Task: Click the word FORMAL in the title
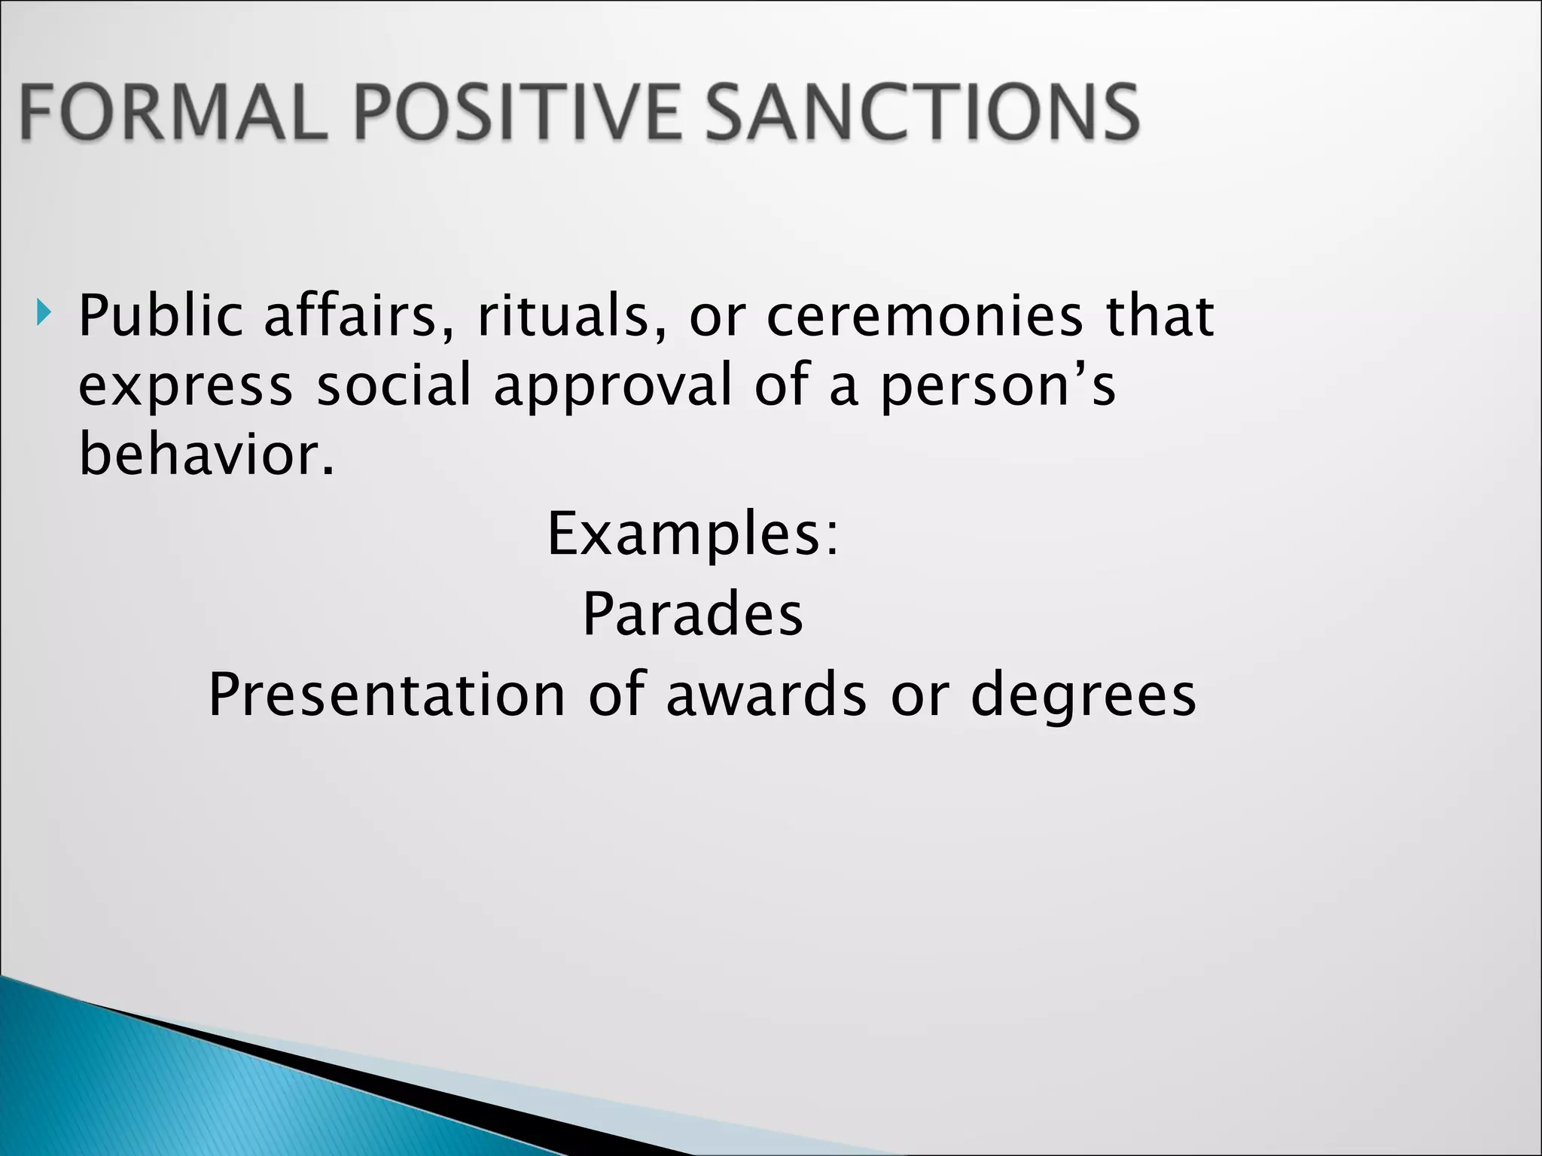coord(173,113)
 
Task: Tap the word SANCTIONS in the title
coord(922,113)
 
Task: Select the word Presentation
coord(386,695)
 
